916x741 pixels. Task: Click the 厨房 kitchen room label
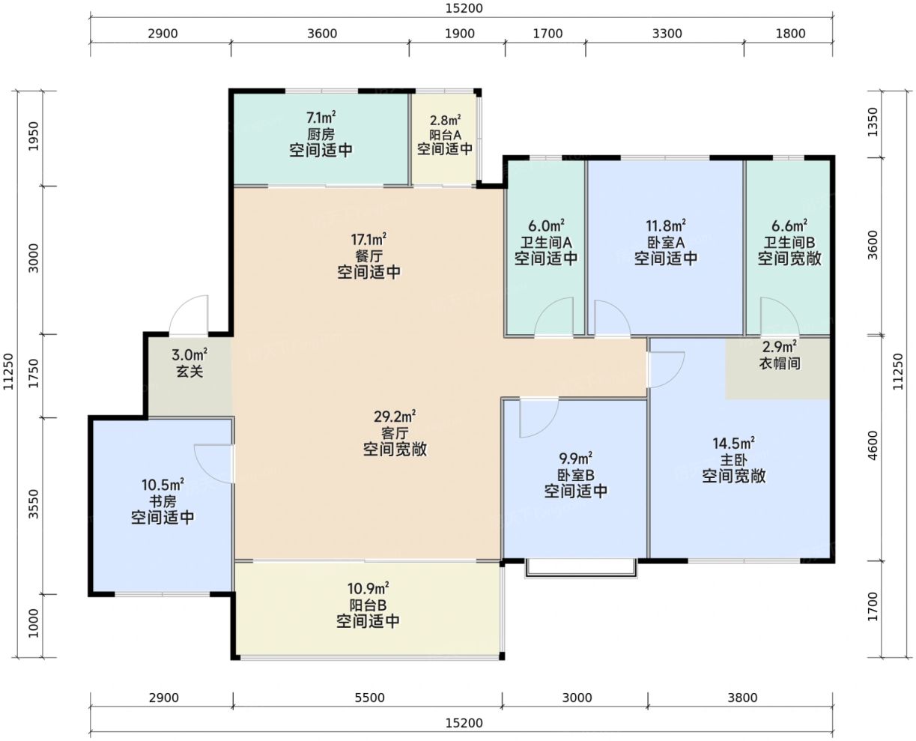coord(321,134)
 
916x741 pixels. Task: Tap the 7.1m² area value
coord(321,117)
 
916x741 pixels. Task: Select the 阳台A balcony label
coord(445,135)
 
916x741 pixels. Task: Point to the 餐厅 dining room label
coord(368,256)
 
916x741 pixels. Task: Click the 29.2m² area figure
coord(395,417)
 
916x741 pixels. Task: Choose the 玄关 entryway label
coord(189,372)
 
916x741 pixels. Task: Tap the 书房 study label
coord(163,501)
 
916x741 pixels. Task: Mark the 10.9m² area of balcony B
coord(368,587)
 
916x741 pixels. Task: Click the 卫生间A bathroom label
coord(546,243)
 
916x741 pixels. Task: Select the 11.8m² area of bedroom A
coord(666,226)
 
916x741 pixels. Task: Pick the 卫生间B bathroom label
coord(789,242)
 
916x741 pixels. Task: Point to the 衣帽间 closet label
coord(779,363)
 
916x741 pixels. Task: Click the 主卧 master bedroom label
coord(734,460)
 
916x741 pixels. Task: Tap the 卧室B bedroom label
coord(575,475)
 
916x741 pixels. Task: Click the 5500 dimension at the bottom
coord(369,698)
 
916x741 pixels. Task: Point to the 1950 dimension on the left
coord(33,136)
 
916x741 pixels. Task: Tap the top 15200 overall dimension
coord(464,8)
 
